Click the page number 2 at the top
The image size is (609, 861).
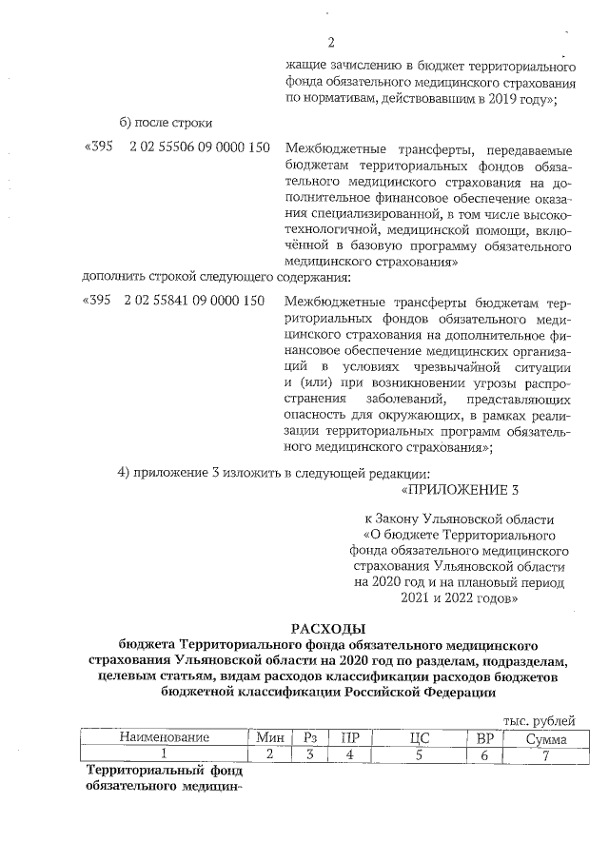(331, 42)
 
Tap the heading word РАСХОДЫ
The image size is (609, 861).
(327, 627)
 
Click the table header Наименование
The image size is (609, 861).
(163, 738)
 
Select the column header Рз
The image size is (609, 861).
(309, 738)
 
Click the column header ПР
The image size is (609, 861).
(350, 738)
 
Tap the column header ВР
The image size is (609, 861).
(485, 738)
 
